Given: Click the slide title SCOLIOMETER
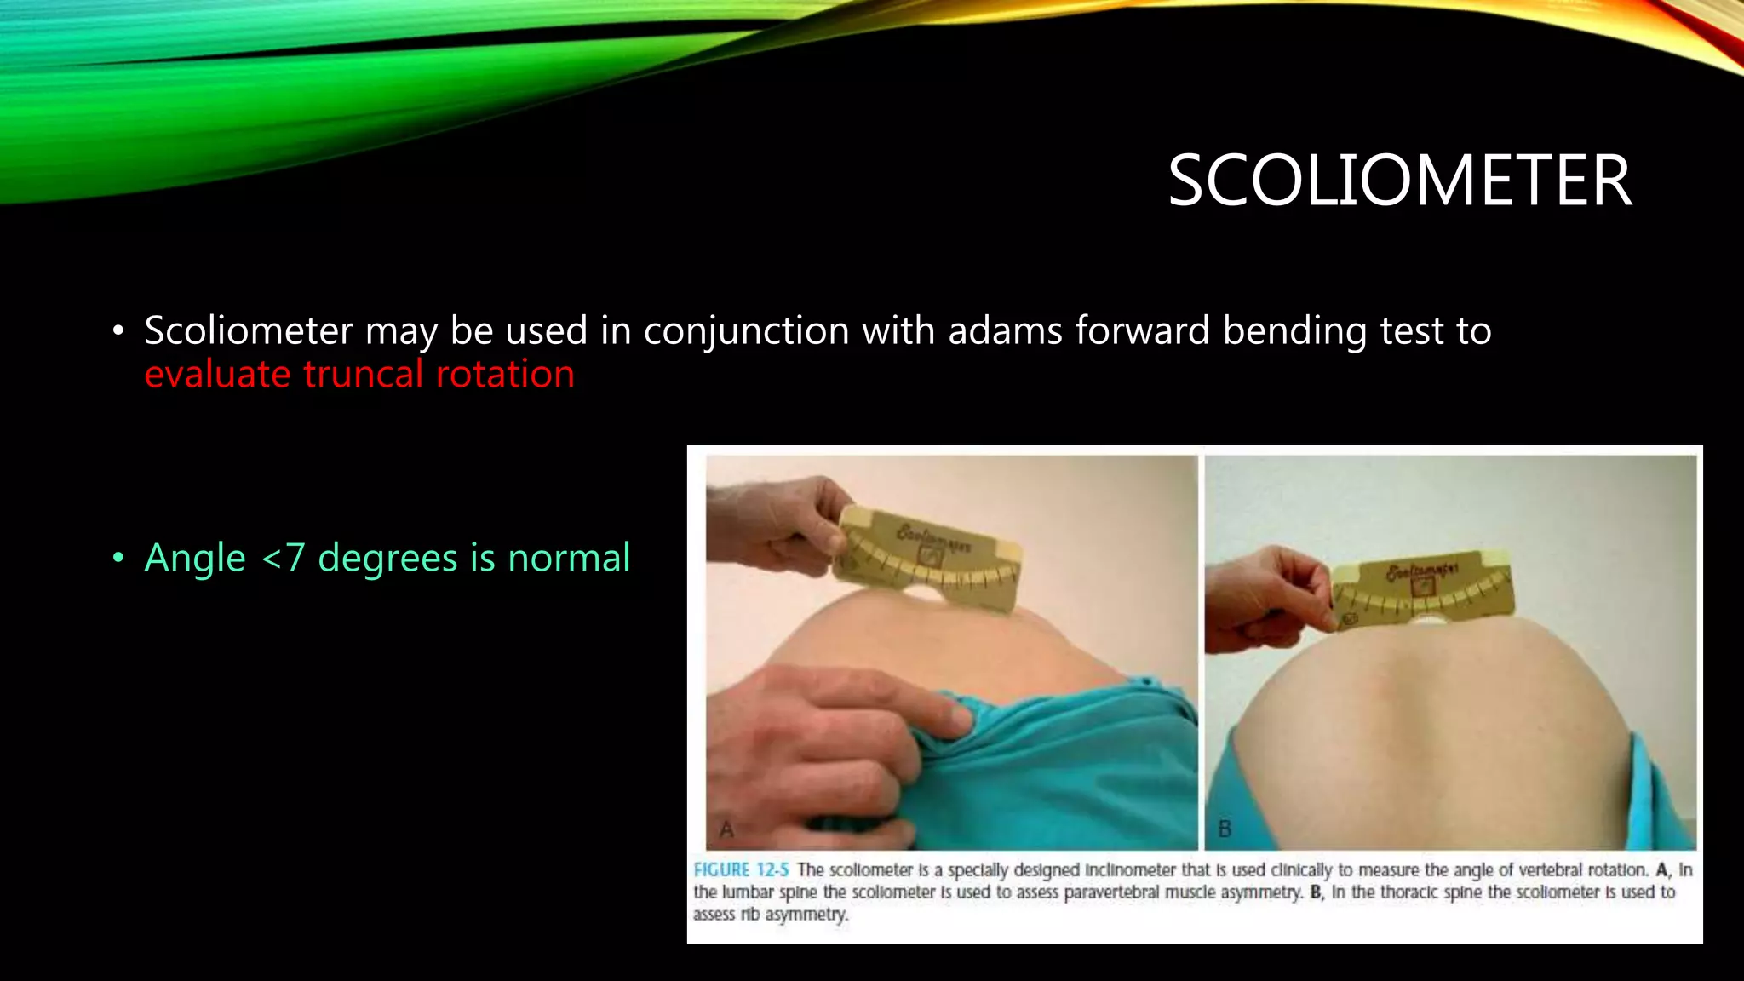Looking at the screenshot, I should pos(1399,181).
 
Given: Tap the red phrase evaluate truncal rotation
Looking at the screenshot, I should pos(359,374).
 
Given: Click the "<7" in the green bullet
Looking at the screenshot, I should pos(283,559).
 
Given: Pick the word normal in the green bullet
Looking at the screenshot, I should pos(569,559).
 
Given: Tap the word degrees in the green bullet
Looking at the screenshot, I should pos(387,559).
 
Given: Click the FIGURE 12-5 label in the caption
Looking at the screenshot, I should pos(741,870).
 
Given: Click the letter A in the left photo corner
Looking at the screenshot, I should pos(726,829).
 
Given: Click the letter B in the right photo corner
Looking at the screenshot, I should pos(1225,829).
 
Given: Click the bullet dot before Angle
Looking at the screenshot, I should pos(118,559).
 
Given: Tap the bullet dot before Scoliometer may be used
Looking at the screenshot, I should pos(118,330).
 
